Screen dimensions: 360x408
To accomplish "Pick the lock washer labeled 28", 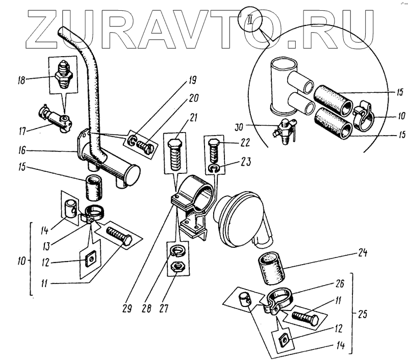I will pos(176,249).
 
